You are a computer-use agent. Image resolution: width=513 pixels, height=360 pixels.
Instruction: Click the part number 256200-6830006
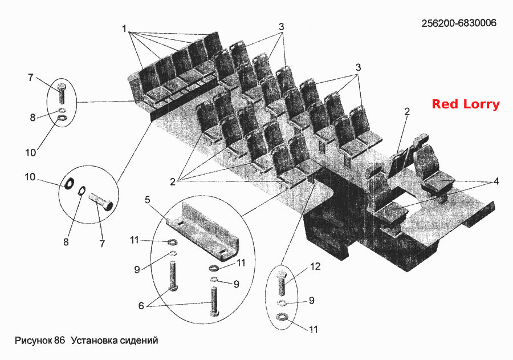pos(459,23)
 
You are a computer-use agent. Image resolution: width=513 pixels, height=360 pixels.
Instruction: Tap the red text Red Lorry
pos(466,104)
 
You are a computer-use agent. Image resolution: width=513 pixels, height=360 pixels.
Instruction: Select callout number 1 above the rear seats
pos(124,29)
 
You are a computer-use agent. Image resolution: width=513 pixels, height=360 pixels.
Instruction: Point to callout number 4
pos(496,181)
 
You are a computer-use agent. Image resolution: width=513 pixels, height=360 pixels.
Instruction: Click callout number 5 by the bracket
pos(148,200)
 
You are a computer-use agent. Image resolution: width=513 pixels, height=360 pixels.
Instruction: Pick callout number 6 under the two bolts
pos(141,306)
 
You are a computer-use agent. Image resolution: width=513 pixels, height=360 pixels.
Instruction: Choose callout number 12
pos(315,266)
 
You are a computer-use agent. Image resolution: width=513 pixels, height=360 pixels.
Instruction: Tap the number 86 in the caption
pos(60,341)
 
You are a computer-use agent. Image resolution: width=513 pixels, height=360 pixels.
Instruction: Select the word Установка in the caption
pos(95,341)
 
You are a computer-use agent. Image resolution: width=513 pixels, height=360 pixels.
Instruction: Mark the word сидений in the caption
pos(139,341)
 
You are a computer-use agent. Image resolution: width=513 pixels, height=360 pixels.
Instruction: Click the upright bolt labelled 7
pos(61,93)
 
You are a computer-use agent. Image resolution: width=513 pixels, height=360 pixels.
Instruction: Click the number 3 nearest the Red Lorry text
pos(359,68)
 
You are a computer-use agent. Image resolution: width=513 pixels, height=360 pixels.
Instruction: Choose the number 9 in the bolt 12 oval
pos(311,301)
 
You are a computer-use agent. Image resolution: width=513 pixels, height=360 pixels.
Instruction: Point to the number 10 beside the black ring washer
pos(30,177)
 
